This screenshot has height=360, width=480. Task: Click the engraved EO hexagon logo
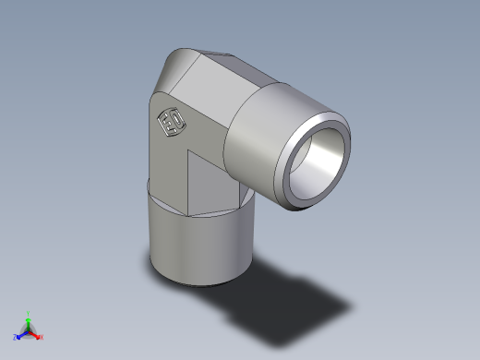pyautogui.click(x=172, y=124)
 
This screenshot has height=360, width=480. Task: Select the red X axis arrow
pyautogui.click(x=36, y=334)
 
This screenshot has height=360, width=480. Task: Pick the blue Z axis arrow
pyautogui.click(x=20, y=334)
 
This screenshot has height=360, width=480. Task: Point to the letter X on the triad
pyautogui.click(x=42, y=337)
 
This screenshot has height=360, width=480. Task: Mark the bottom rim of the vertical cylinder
pyautogui.click(x=198, y=281)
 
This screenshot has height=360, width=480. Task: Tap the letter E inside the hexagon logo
pyautogui.click(x=168, y=121)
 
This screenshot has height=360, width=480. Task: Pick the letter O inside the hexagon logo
pyautogui.click(x=175, y=127)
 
